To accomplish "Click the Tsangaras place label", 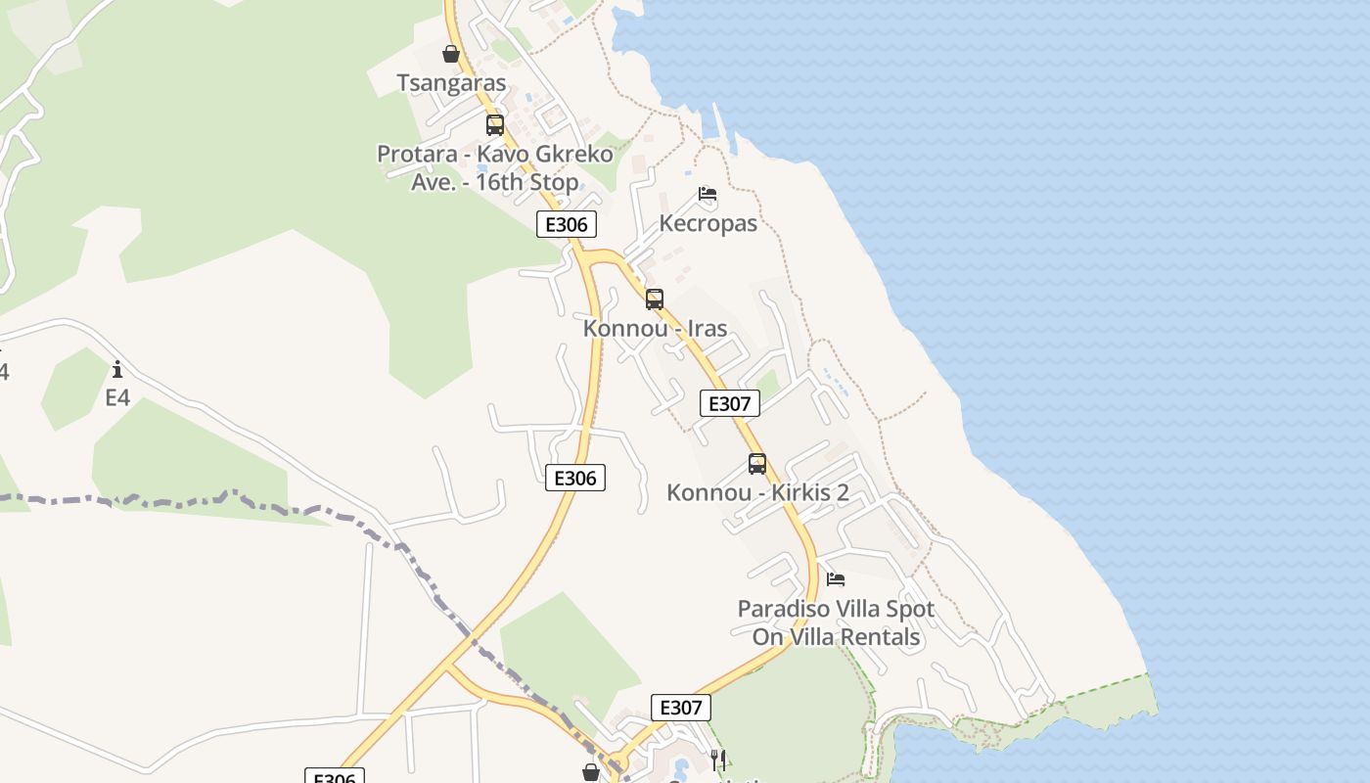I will pyautogui.click(x=451, y=83).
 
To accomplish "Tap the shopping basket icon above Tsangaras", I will pyautogui.click(x=451, y=53).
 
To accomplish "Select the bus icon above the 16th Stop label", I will pyautogui.click(x=495, y=125).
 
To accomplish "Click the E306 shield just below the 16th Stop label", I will pyautogui.click(x=566, y=224).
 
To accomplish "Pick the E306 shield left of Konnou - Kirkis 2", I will pyautogui.click(x=575, y=478).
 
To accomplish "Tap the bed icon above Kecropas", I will pyautogui.click(x=708, y=194).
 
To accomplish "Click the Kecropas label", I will pyautogui.click(x=708, y=223).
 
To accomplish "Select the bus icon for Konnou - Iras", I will pyautogui.click(x=655, y=299).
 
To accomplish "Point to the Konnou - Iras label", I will pyautogui.click(x=655, y=328).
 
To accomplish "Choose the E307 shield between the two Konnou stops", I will pyautogui.click(x=730, y=403).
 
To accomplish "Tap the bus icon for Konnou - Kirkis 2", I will pyautogui.click(x=757, y=464).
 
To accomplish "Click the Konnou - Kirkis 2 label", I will pyautogui.click(x=757, y=492).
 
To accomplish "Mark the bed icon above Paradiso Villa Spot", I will pyautogui.click(x=836, y=579).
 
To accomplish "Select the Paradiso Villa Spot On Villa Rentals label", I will pyautogui.click(x=836, y=622).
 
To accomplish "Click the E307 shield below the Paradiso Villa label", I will pyautogui.click(x=681, y=708).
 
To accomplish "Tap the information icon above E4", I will pyautogui.click(x=117, y=369).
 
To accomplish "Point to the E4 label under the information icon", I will pyautogui.click(x=117, y=397).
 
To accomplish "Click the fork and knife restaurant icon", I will pyautogui.click(x=717, y=759).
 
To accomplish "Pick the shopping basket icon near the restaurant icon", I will pyautogui.click(x=591, y=772).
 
